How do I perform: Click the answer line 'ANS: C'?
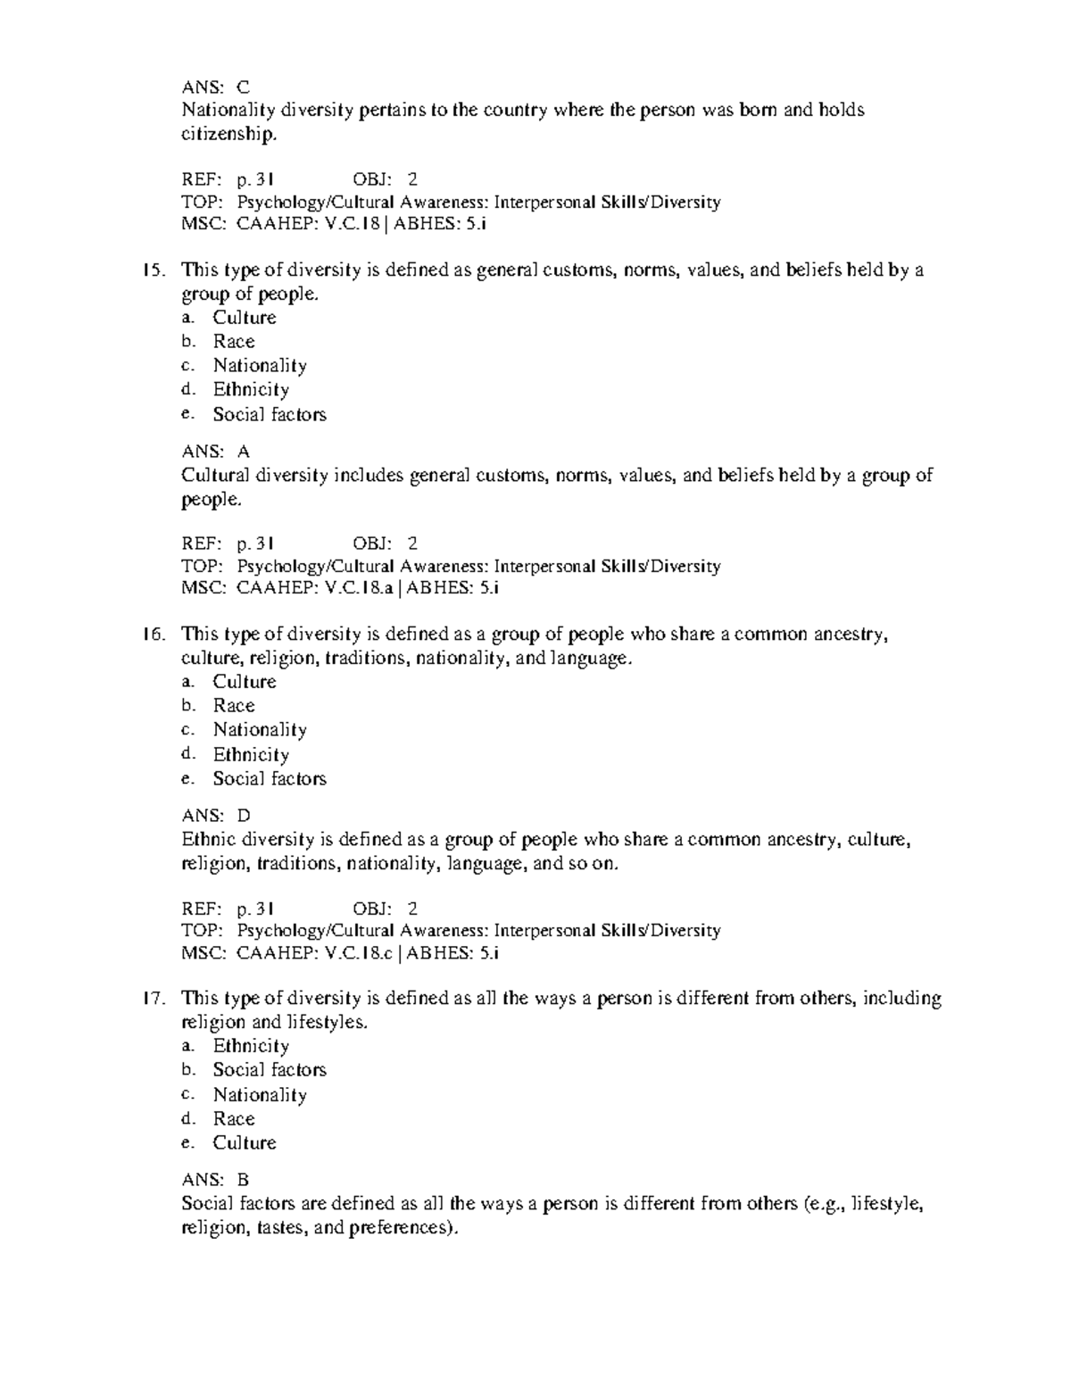point(215,87)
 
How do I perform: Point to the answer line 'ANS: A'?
point(215,452)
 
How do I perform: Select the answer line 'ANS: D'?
point(216,816)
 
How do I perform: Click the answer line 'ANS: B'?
point(215,1180)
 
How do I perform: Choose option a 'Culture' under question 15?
point(244,318)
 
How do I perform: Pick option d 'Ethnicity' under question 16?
point(251,755)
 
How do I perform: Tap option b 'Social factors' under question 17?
point(269,1070)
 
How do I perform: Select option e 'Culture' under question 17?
point(244,1143)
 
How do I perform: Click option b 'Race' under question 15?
point(233,342)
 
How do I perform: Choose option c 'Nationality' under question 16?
point(260,730)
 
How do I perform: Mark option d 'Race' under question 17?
point(233,1119)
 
